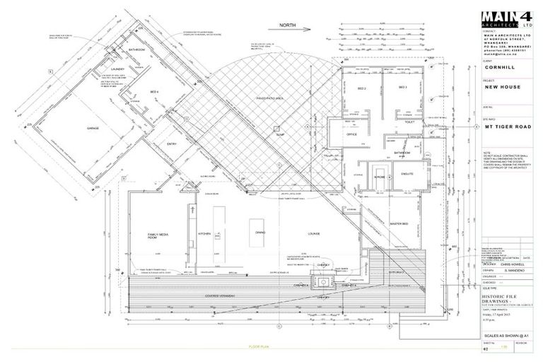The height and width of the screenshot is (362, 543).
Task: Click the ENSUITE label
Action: [x=408, y=171]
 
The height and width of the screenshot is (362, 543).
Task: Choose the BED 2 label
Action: [x=362, y=88]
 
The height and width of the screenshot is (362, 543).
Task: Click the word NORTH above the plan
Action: [x=288, y=24]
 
